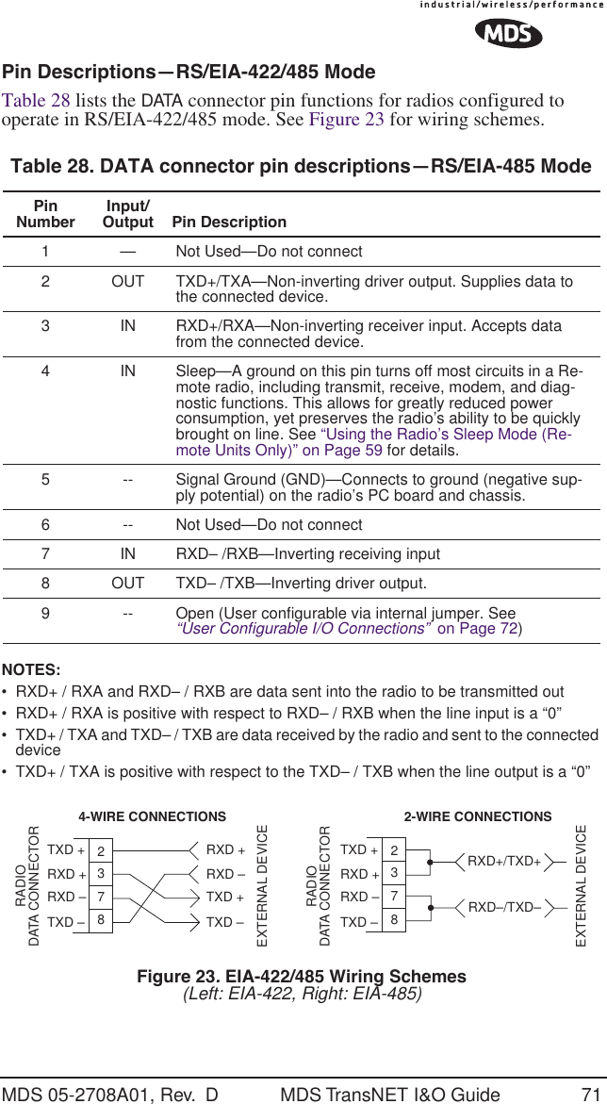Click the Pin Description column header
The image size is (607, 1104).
click(229, 222)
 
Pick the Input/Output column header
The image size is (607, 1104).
click(127, 214)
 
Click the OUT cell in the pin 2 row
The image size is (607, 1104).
click(127, 283)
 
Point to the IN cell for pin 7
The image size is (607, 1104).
click(127, 553)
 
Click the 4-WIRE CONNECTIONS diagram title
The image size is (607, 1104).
click(152, 816)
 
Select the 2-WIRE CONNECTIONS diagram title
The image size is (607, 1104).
click(477, 816)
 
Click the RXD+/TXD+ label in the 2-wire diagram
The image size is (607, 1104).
click(504, 861)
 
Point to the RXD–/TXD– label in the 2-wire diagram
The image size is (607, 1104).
click(504, 907)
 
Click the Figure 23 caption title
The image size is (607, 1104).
click(302, 976)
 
